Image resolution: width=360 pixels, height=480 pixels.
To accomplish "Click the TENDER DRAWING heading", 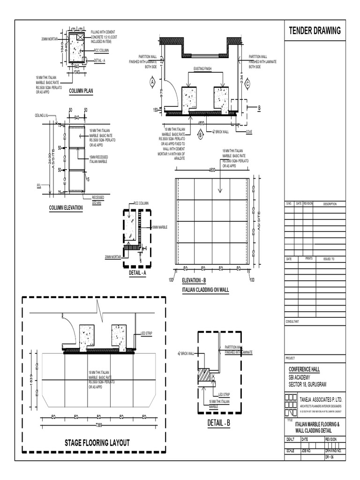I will click(x=315, y=31).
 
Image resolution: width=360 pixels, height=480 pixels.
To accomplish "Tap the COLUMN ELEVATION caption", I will click(x=66, y=208).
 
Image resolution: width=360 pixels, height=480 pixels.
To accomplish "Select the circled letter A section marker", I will click(x=152, y=82).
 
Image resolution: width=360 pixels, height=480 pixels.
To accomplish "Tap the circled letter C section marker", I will click(x=247, y=83).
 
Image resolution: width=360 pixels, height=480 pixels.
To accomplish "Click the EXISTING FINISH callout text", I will click(x=202, y=69).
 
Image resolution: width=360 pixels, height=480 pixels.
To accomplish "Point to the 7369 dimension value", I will click(x=99, y=425).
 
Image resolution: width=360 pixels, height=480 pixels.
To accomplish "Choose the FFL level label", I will click(x=39, y=186).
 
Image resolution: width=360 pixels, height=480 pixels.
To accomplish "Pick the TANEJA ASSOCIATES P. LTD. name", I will click(x=321, y=399).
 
